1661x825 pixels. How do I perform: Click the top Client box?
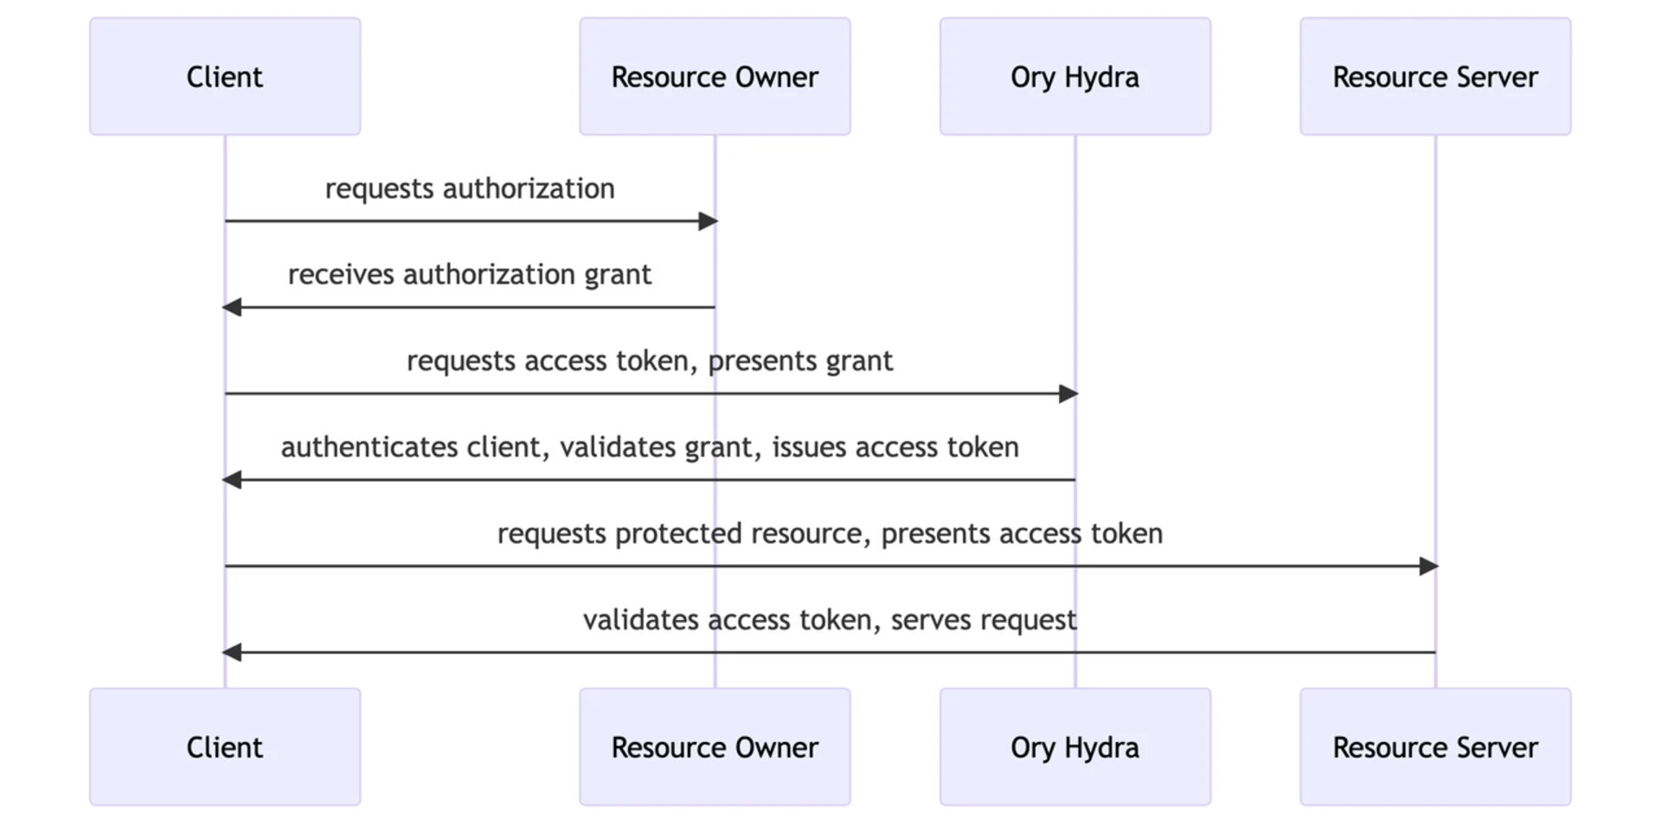225,76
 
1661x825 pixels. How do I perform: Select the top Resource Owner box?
715,76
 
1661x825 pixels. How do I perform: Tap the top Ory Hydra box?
1074,76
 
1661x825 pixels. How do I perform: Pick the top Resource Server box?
1434,76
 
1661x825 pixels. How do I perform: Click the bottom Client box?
225,747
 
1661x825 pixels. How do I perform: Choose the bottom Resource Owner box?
715,747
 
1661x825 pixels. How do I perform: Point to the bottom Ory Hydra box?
1074,747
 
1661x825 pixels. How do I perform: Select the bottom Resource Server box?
1434,747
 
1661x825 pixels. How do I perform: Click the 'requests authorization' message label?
470,189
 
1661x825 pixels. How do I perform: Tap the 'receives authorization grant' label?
470,275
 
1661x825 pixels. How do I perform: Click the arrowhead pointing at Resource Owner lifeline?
708,221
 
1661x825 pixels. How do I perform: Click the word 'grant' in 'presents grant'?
859,361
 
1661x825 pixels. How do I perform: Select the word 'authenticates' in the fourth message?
369,447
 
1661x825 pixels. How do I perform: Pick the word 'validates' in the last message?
641,620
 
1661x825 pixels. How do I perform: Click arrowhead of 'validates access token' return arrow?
232,653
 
